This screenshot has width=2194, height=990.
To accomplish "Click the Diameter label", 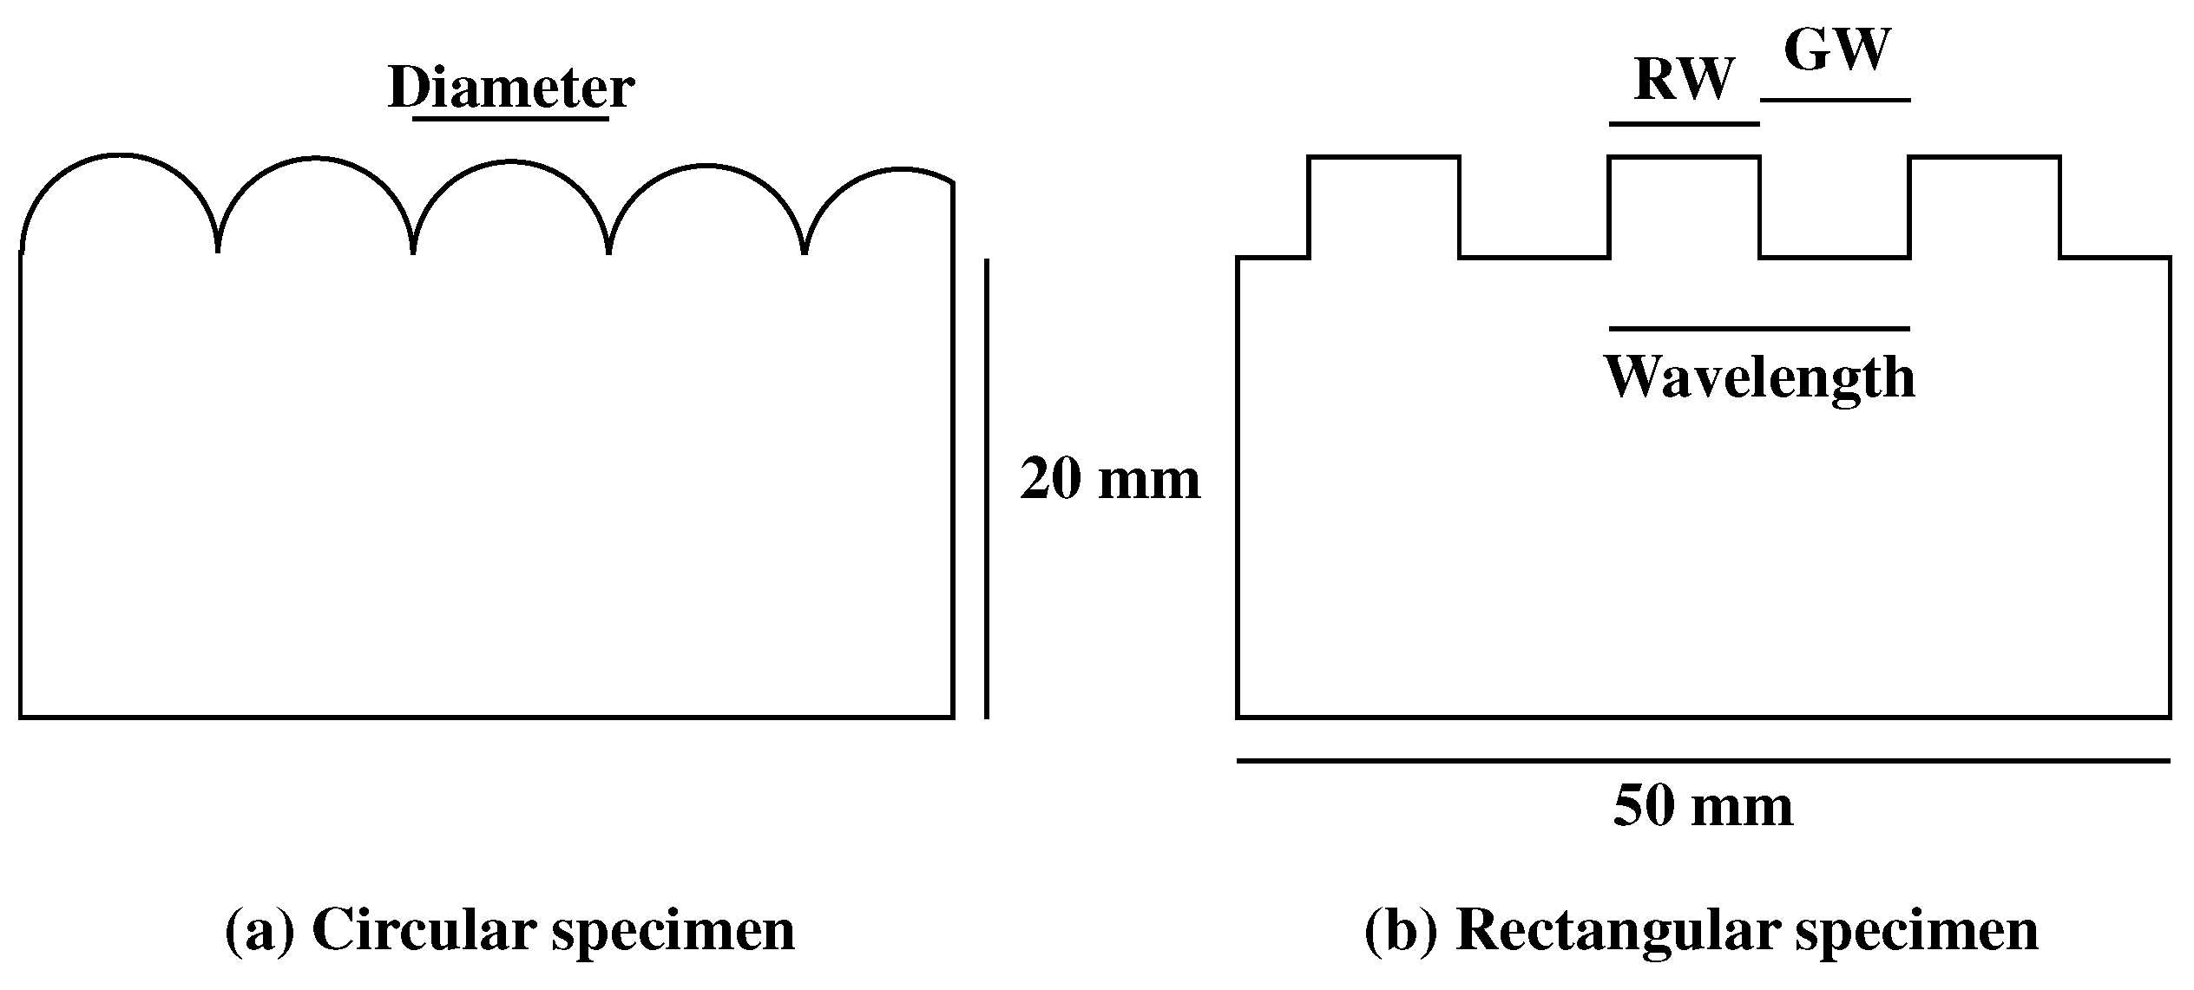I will [510, 89].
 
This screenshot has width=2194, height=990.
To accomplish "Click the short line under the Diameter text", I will [510, 118].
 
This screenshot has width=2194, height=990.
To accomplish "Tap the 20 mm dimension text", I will [1110, 479].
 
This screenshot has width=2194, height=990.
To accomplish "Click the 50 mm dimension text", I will [1703, 806].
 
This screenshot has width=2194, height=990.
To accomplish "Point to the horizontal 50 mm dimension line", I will [1703, 761].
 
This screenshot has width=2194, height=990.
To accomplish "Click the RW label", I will [1683, 80].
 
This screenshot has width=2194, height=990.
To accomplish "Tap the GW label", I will [1836, 51].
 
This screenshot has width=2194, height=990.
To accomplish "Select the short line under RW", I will [1684, 124].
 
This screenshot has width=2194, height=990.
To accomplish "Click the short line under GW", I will [1836, 100].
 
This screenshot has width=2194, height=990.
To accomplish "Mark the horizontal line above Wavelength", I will [1759, 329].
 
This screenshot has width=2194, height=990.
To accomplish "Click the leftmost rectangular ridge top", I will [1383, 158].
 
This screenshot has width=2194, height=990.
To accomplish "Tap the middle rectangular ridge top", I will [1684, 158].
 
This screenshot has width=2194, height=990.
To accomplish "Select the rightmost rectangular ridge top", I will [1984, 158].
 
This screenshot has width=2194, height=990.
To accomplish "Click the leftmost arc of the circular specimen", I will [119, 156].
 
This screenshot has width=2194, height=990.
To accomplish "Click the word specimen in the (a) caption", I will [673, 932].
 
